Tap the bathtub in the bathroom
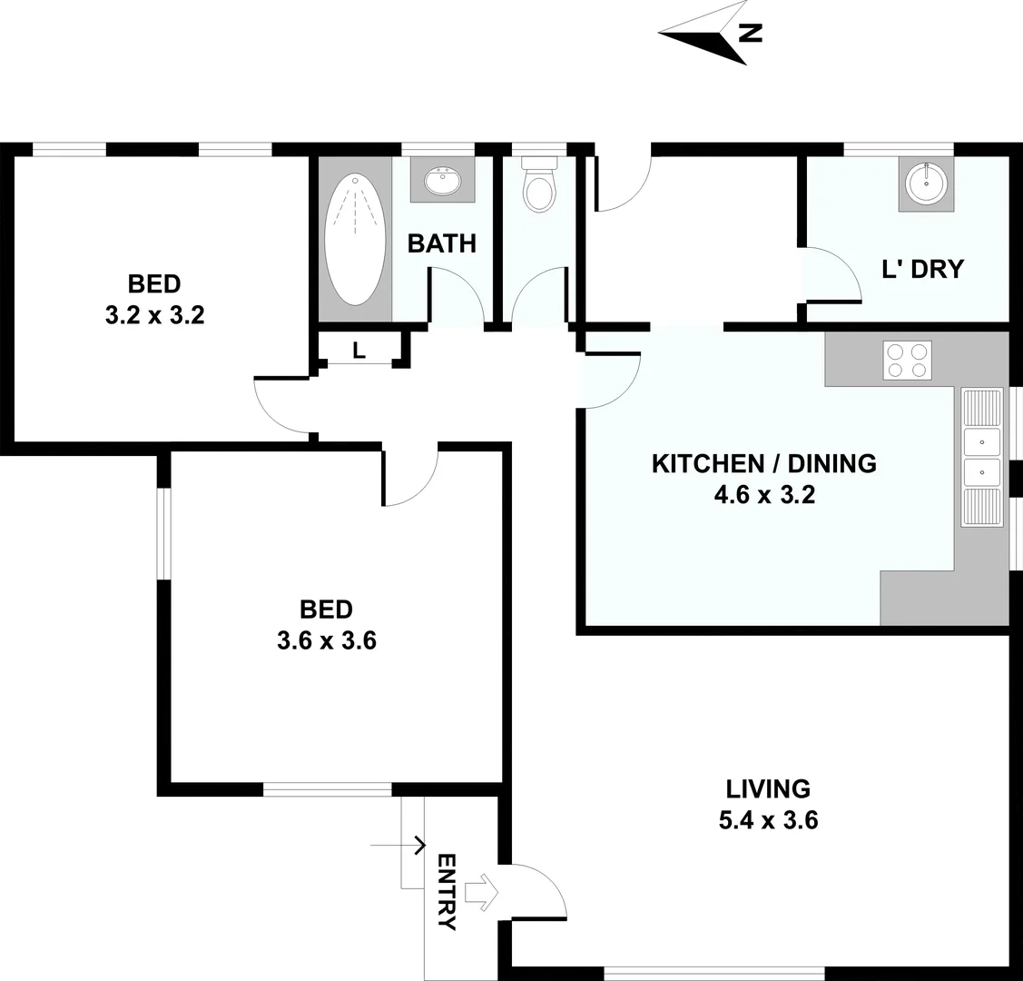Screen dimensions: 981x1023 coord(355,240)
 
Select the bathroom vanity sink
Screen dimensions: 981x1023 coord(443,179)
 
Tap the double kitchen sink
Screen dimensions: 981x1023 coord(981,458)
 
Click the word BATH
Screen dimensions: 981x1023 coord(441,243)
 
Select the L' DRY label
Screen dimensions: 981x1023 coord(922,269)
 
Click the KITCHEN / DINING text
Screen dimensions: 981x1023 coord(763,463)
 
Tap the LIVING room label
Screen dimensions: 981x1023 coord(768,788)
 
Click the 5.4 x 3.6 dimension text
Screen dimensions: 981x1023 coord(768,821)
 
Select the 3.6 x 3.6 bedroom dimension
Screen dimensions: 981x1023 coord(326,640)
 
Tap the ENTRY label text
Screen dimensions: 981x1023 coord(447,892)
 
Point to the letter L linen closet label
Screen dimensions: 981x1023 coord(359,351)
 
